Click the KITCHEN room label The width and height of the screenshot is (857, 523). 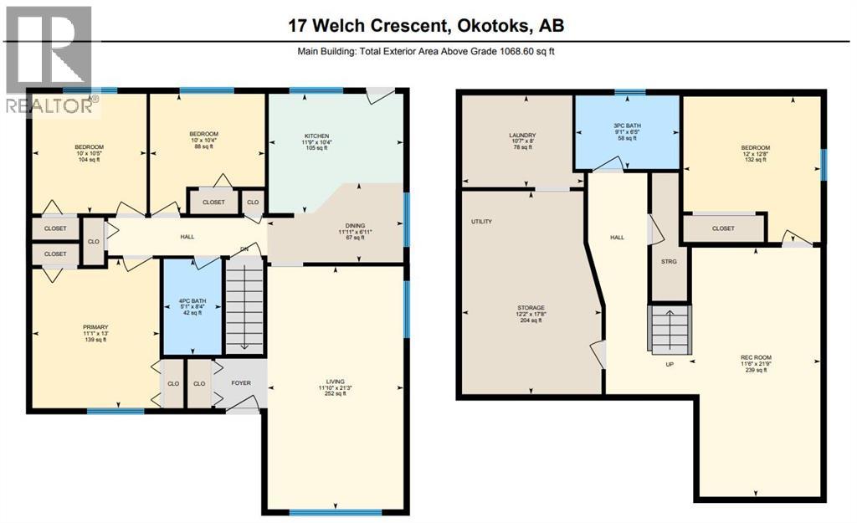[x=316, y=136]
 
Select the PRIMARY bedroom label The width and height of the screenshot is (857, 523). [x=95, y=327]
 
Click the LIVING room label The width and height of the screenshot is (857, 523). [x=336, y=381]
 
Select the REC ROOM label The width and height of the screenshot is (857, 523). [x=752, y=353]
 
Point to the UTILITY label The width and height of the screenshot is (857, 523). [x=481, y=222]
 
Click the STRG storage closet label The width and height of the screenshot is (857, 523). [x=668, y=262]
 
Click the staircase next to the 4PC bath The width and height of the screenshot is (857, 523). [x=245, y=305]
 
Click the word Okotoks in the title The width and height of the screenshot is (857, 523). [x=491, y=26]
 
